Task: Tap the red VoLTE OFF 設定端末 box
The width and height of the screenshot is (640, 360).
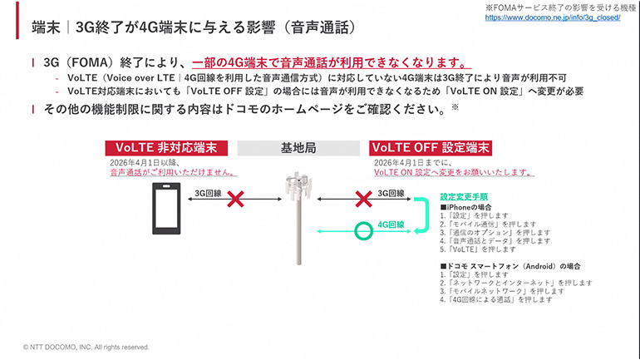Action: pos(429,147)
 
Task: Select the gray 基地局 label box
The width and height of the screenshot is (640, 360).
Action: pos(297,147)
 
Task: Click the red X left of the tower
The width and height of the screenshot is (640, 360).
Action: pos(235,200)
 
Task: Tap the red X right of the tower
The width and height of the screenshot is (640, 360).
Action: pos(362,200)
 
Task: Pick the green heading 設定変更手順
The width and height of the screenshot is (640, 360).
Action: pos(464,198)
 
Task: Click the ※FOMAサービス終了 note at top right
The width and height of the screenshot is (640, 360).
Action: pos(566,7)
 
